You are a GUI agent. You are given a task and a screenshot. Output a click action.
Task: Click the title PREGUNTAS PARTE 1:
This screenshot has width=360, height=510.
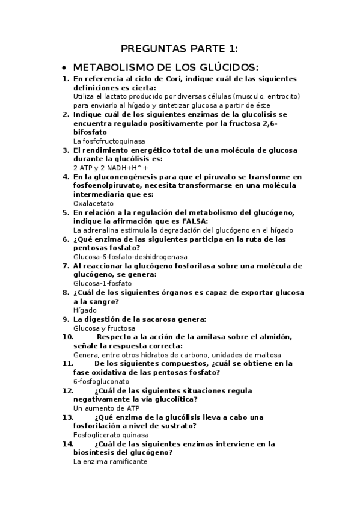pyautogui.click(x=180, y=48)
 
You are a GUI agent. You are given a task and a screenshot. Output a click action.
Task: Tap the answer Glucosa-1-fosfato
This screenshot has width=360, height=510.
pyautogui.click(x=102, y=283)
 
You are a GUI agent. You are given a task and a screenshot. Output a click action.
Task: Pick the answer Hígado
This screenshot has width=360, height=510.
pyautogui.click(x=85, y=310)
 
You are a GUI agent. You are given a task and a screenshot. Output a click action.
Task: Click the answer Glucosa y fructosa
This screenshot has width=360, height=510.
pyautogui.click(x=103, y=328)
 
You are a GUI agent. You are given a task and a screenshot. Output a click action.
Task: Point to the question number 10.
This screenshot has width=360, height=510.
pyautogui.click(x=68, y=337)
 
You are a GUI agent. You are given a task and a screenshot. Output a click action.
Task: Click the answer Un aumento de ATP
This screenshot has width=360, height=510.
pyautogui.click(x=100, y=408)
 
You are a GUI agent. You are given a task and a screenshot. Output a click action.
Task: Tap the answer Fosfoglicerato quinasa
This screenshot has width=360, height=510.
pyautogui.click(x=111, y=435)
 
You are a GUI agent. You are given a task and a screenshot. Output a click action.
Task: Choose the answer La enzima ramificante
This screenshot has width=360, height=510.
pyautogui.click(x=109, y=462)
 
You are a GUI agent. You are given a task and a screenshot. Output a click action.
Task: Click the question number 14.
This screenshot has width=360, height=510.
pyautogui.click(x=68, y=444)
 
